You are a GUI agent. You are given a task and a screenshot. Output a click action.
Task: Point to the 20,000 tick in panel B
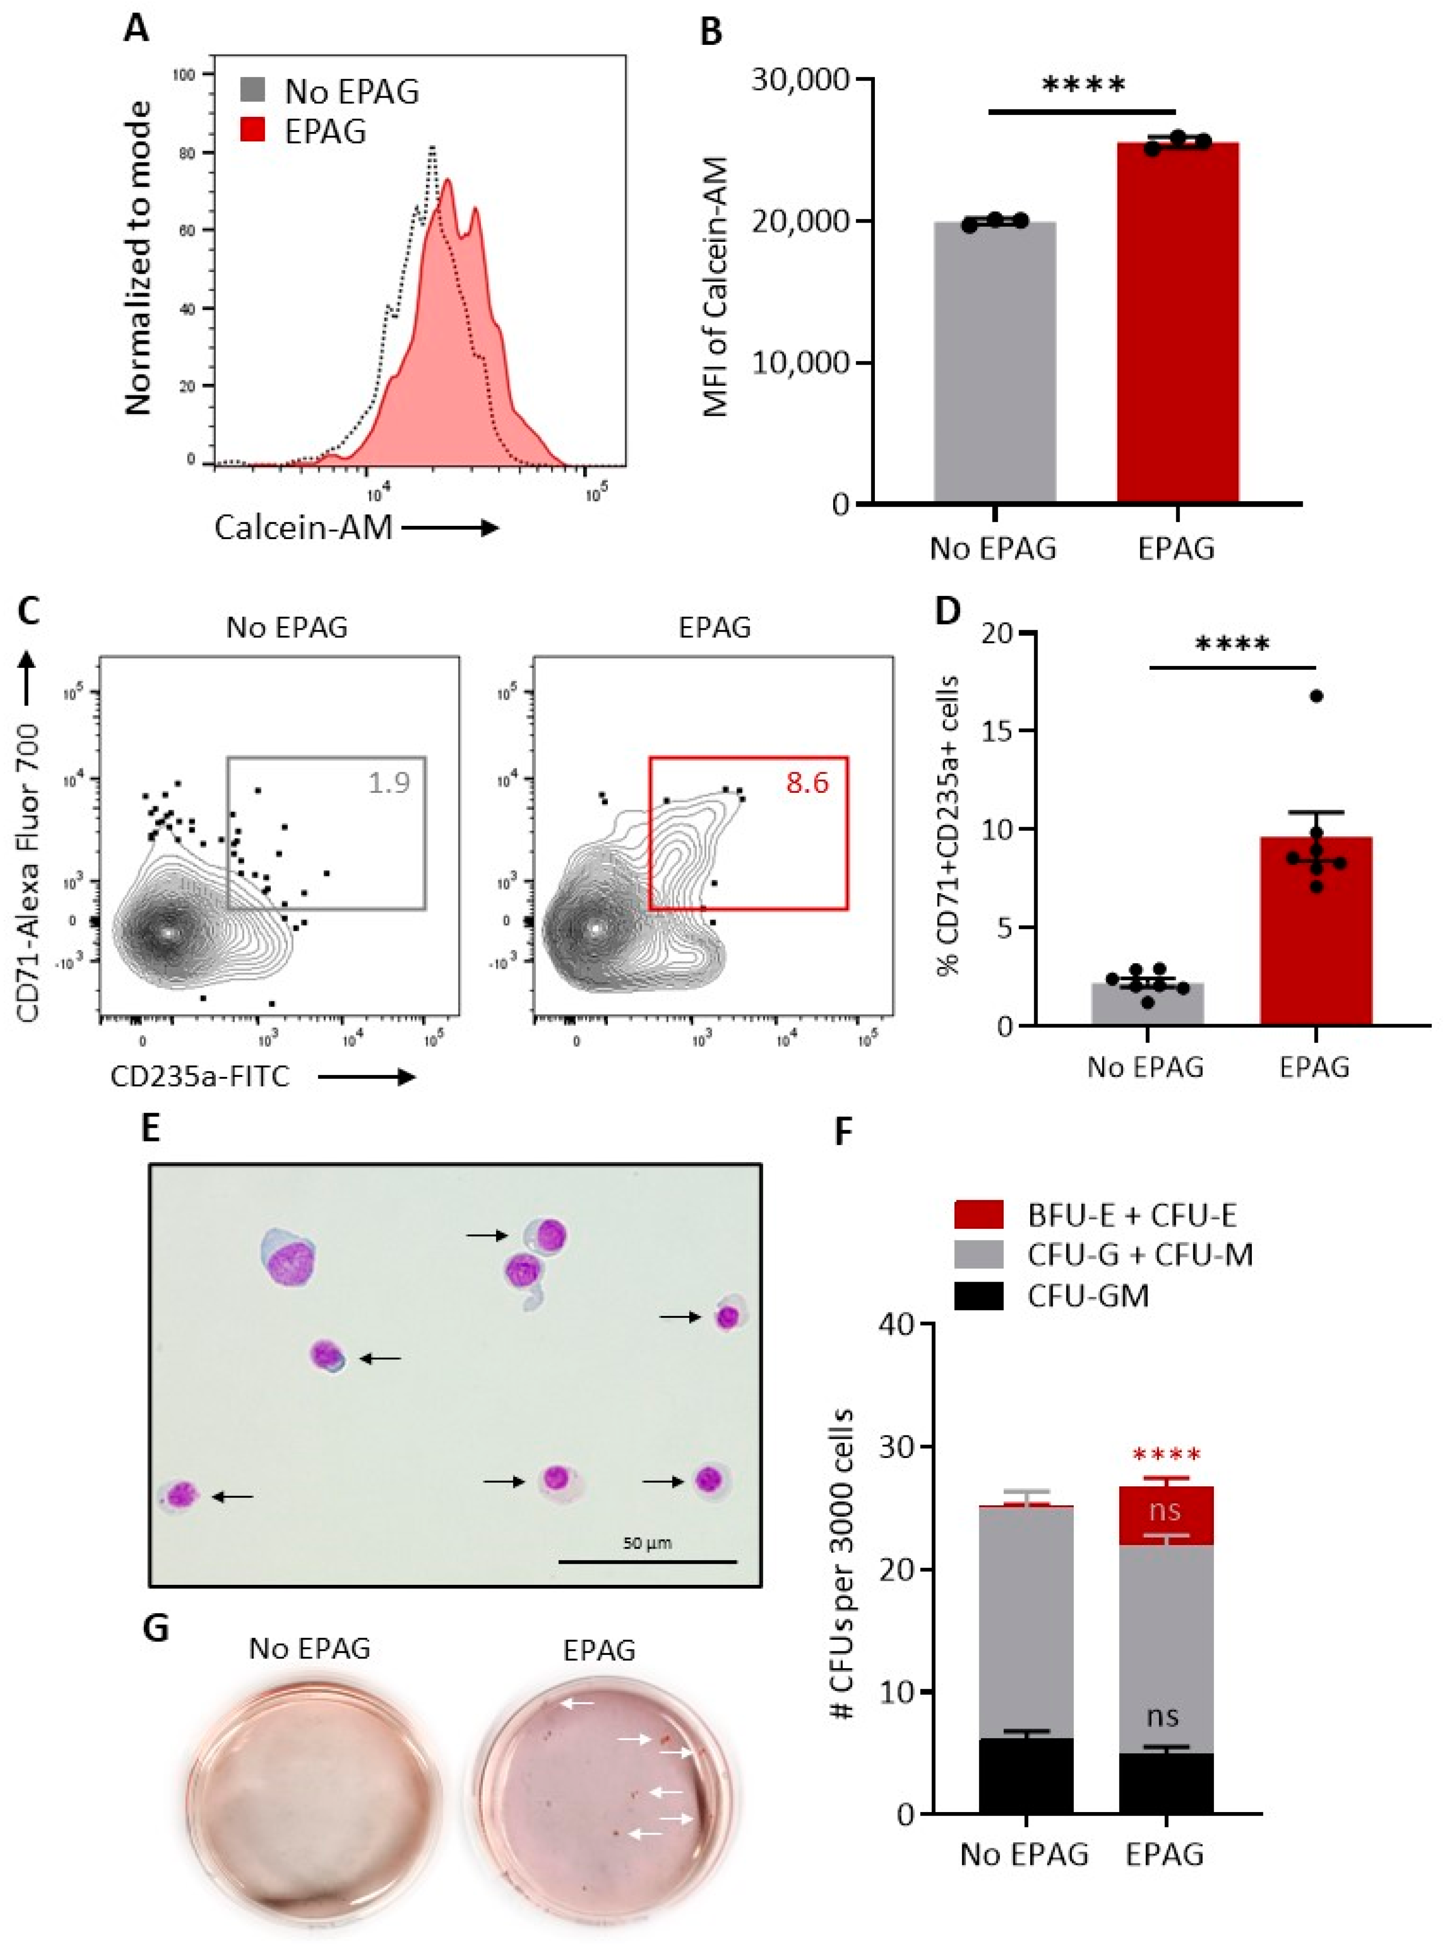(x=801, y=222)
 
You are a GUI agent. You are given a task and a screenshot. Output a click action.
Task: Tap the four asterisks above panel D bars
(x=1232, y=645)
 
